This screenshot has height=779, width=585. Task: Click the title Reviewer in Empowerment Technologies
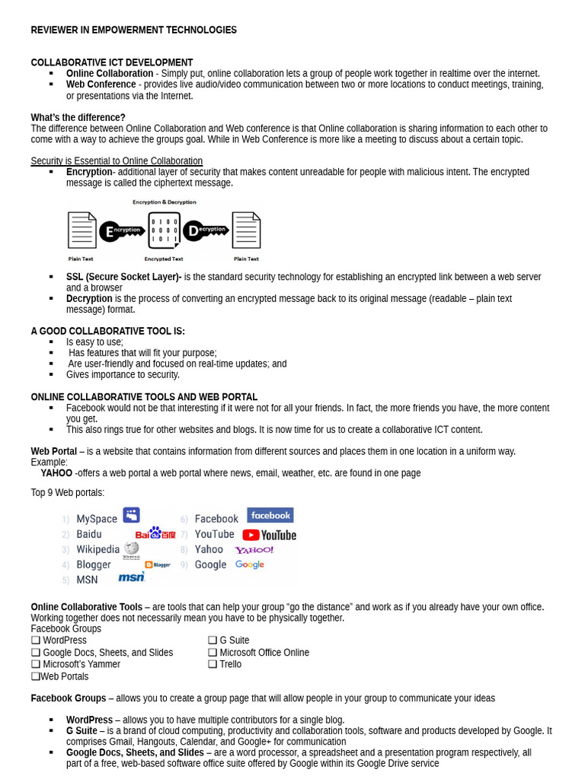[x=133, y=30]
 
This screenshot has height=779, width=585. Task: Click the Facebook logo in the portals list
[x=270, y=516]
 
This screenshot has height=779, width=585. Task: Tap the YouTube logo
[x=269, y=535]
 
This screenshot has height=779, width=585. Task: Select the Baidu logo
[x=155, y=533]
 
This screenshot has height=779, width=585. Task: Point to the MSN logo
[x=131, y=577]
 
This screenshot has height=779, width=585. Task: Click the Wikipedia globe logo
[x=132, y=549]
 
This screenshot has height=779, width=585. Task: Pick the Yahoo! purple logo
[x=254, y=550]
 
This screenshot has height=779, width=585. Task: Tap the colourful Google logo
[x=249, y=564]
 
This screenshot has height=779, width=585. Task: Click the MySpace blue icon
[x=131, y=516]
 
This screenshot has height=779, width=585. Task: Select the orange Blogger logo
[x=158, y=564]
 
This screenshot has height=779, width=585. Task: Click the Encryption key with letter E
[x=122, y=231]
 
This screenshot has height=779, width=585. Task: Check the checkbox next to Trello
[x=213, y=664]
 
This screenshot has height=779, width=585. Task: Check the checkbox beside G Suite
[x=213, y=641]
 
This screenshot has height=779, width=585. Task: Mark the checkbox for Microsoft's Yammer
[x=36, y=664]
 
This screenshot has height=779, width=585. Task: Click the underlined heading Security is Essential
[x=117, y=161]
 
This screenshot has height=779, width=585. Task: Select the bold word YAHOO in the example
[x=56, y=473]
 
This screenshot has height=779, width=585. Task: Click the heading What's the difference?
[x=78, y=118]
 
